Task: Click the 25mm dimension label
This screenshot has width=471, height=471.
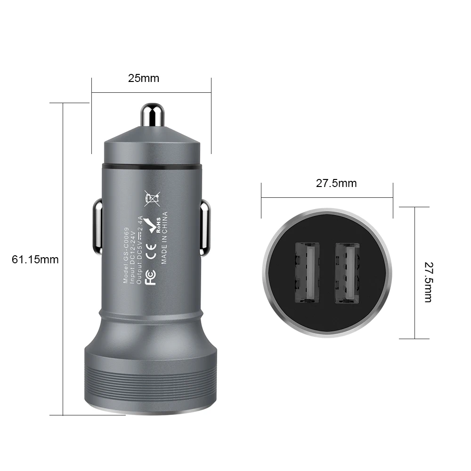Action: coord(144,78)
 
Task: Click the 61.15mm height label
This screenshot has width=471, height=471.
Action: coord(35,260)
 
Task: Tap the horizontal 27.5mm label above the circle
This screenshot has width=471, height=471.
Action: coord(336,183)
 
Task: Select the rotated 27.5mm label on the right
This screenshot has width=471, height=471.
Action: coord(429,282)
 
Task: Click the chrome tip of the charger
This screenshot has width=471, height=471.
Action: coord(152,114)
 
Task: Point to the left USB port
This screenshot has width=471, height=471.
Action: coord(307,272)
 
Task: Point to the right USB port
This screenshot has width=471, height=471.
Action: coord(347,272)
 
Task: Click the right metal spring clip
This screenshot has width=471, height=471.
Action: coord(205,227)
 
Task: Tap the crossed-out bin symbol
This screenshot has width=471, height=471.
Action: coord(152,199)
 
